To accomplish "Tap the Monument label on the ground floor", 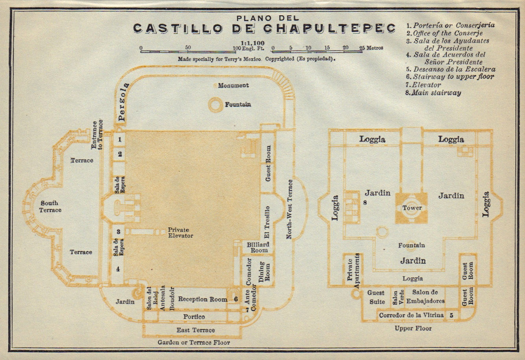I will pos(234,85).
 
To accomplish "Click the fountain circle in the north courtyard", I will pos(216,105).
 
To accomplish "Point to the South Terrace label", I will pos(50,206).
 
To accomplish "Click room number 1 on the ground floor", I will pos(120,139).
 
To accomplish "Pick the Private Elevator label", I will pos(181,233).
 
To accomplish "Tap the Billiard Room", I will pos(258,247).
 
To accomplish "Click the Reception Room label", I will pos(203,299).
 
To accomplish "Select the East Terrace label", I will pos(195,330).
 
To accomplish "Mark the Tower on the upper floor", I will pos(412,208).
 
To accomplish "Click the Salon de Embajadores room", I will pos(428,297).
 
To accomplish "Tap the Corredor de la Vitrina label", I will pos(411,315).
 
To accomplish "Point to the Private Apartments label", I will pos(353,270).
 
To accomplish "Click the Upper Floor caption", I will pos(413,328).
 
